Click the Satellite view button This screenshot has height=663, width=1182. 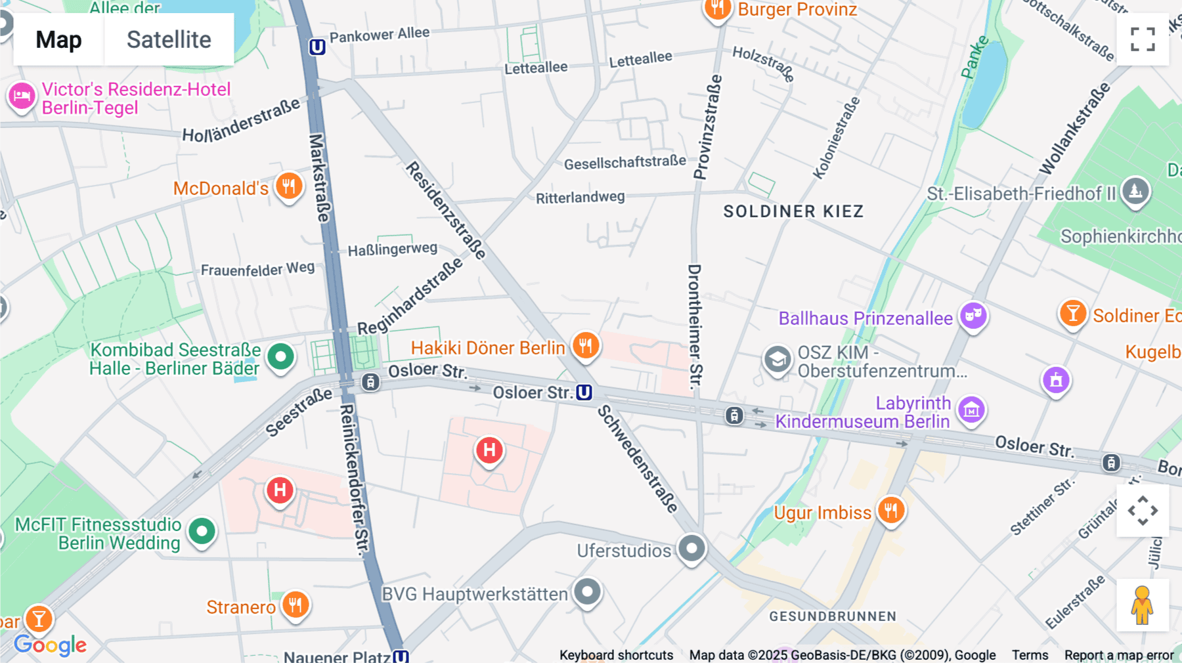pos(169,39)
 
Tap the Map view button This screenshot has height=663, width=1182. pos(58,39)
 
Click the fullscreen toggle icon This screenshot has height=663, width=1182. pos(1143,39)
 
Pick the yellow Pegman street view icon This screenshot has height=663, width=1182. pos(1143,605)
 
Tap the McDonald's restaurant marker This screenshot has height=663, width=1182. pos(289,186)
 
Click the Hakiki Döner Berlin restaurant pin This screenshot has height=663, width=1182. pos(586,345)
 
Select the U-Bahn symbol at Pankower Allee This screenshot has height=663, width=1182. pos(317,47)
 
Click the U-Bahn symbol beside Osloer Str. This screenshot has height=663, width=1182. pos(584,393)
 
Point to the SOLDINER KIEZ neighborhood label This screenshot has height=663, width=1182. pos(793,211)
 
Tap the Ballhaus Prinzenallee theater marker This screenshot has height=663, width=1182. pos(973,316)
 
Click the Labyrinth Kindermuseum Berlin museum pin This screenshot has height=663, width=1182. pos(971,410)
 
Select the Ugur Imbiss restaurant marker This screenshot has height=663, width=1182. pos(891,510)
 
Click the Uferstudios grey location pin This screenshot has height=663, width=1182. pos(691,547)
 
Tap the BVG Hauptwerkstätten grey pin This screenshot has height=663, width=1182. pos(587,592)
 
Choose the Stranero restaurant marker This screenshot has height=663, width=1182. pos(295,604)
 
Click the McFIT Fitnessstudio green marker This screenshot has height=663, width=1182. pos(202,531)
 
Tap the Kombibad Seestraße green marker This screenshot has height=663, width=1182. pos(281,357)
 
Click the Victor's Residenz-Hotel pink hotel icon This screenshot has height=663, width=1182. pos(22,96)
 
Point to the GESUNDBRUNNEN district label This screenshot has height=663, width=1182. pos(833,616)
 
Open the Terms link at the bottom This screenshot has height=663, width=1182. pos(1030,655)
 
